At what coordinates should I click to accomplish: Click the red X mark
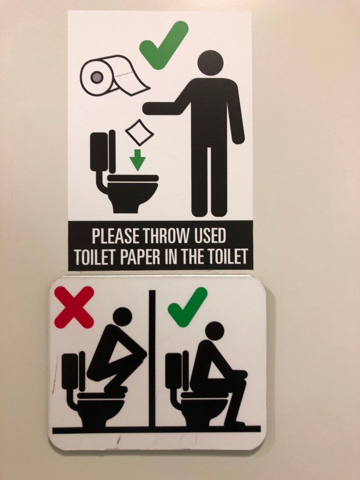click(74, 307)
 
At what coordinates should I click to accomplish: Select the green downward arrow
click(137, 160)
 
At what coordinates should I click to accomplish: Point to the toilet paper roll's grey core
click(97, 77)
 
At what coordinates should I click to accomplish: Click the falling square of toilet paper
click(139, 132)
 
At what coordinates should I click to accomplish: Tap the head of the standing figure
click(210, 63)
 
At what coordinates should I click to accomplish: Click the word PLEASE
click(115, 236)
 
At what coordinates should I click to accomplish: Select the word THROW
click(166, 236)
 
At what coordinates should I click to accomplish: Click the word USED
click(210, 236)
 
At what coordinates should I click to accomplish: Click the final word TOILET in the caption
click(227, 256)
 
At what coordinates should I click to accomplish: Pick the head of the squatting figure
click(122, 317)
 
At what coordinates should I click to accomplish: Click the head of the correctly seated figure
click(215, 331)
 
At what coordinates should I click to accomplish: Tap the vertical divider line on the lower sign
click(152, 358)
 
